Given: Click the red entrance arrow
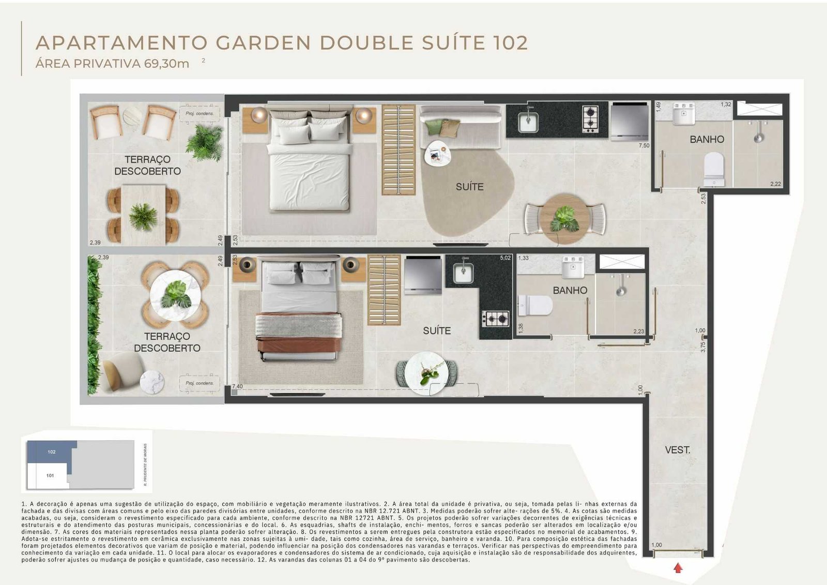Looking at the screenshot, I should click(x=678, y=568).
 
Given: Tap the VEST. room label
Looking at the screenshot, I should click(x=677, y=450).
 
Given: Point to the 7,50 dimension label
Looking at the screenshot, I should click(x=644, y=146).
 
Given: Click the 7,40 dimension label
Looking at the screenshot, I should click(x=237, y=386).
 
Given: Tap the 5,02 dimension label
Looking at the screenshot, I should click(x=505, y=258).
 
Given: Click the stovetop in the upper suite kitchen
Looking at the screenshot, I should click(x=590, y=119).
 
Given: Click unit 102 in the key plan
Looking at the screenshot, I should click(x=52, y=452).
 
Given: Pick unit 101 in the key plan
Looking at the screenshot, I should click(x=50, y=475).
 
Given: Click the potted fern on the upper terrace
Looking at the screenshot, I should click(x=204, y=142).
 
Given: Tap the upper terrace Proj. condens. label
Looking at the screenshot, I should click(x=200, y=113).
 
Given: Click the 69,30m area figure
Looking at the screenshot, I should click(x=166, y=64).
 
